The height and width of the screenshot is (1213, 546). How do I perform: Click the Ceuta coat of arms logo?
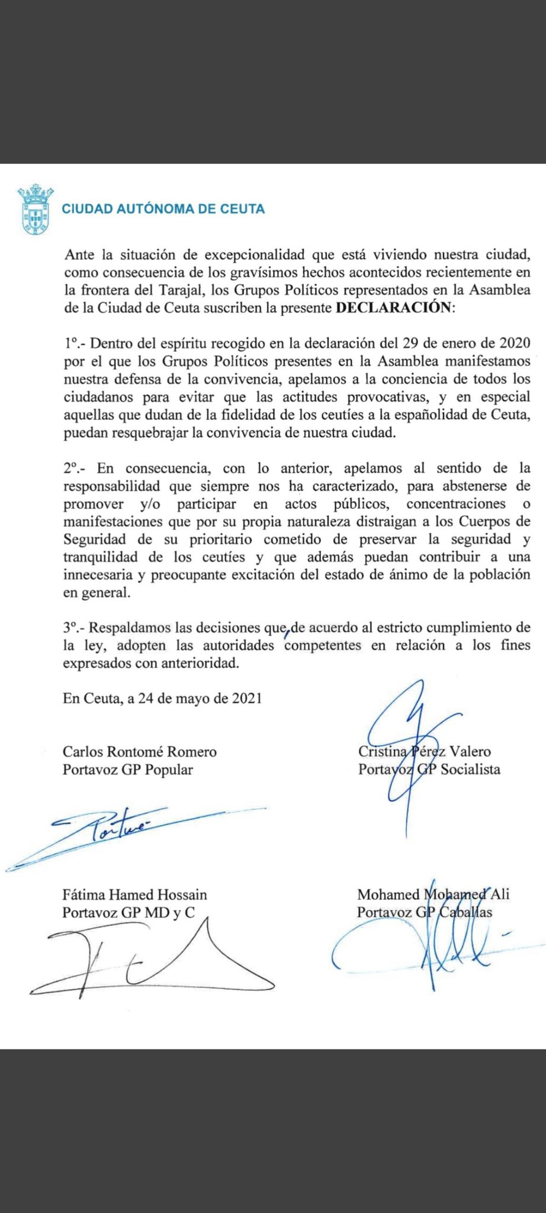point(34,209)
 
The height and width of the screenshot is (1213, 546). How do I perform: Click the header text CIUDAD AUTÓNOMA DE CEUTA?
point(163,209)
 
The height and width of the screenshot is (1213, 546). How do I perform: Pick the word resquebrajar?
point(149,432)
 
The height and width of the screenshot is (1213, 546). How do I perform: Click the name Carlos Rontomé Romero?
point(140,752)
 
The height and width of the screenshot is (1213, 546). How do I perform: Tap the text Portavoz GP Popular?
point(128,769)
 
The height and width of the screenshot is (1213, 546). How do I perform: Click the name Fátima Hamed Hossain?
point(134,894)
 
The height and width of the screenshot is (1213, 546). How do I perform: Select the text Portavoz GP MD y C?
point(129,912)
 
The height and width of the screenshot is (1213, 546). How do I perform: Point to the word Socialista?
point(469,769)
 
